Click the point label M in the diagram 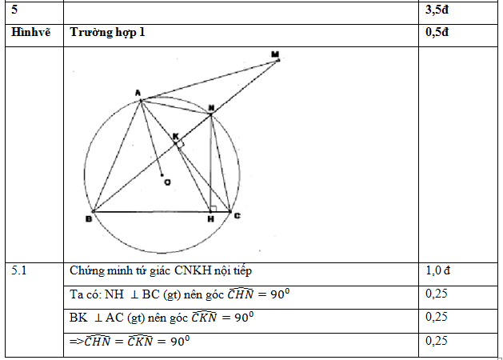coord(275,54)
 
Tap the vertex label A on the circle coord(138,94)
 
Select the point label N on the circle coord(211,107)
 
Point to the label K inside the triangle coord(175,137)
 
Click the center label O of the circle coord(167,183)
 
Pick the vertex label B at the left coord(87,218)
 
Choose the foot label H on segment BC coord(210,218)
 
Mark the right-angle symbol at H coord(213,208)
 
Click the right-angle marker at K coord(181,144)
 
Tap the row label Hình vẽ coord(31,33)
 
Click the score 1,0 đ coord(441,271)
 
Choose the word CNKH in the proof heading coord(188,271)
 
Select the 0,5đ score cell coord(438,33)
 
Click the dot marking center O coord(162,174)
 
